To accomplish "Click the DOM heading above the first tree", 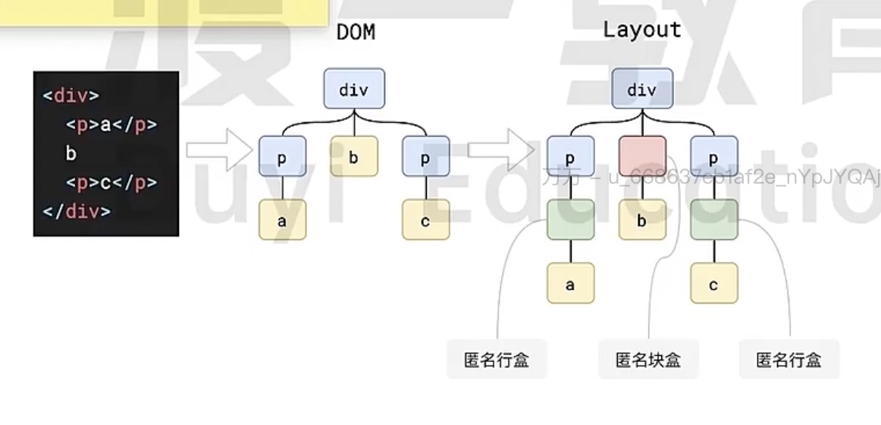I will (x=356, y=33).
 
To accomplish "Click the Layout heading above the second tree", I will (x=641, y=30).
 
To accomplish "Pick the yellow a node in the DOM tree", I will (x=282, y=221).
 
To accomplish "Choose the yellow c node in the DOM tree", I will (x=425, y=221).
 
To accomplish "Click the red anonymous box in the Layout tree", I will (x=642, y=156).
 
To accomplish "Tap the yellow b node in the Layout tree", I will (x=641, y=221).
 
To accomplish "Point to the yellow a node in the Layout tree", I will (x=570, y=285).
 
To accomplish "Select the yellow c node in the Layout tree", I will (x=713, y=285).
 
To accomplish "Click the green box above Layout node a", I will (x=570, y=220).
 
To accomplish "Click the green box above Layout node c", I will (x=713, y=220).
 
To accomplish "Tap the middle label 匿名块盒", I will (x=648, y=360).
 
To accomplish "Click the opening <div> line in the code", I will (x=71, y=96).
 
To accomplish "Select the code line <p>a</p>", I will (x=111, y=125).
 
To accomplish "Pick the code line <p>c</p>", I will (x=111, y=183).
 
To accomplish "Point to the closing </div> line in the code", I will (x=76, y=211).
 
